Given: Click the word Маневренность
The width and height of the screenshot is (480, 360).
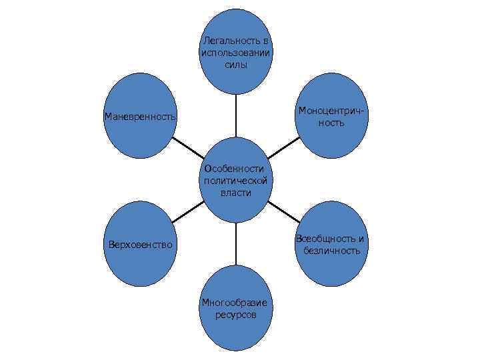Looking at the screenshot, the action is tap(140, 117).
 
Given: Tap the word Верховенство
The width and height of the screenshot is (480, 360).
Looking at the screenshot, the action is tap(140, 245).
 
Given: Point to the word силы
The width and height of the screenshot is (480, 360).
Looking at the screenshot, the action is tap(236, 65).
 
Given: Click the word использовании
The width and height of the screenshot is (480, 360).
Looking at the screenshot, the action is tap(236, 53).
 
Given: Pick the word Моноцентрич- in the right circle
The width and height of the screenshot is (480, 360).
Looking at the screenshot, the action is tap(332, 111).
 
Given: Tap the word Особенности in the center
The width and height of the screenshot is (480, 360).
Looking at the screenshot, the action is tap(235, 169).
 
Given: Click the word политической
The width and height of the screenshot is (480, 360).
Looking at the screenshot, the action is tap(236, 181).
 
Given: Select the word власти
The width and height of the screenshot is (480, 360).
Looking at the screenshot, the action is tap(236, 193).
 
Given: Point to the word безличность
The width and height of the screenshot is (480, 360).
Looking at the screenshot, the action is tap(332, 251).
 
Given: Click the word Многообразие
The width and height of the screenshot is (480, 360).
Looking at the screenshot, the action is tap(236, 303).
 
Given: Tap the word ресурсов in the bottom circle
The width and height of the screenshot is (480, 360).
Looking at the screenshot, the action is tap(236, 315).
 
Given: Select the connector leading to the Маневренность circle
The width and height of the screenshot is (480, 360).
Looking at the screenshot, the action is tap(187, 148).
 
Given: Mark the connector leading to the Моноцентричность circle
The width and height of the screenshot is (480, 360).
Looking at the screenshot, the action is tap(285, 148).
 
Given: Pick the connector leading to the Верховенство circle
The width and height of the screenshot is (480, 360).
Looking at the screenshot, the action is tap(187, 213).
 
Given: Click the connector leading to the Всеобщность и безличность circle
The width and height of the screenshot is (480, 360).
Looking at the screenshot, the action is tap(285, 213).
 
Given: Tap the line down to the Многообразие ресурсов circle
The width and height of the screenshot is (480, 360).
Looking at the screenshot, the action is tap(236, 243).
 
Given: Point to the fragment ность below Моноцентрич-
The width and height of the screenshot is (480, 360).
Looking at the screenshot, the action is tap(332, 123).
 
